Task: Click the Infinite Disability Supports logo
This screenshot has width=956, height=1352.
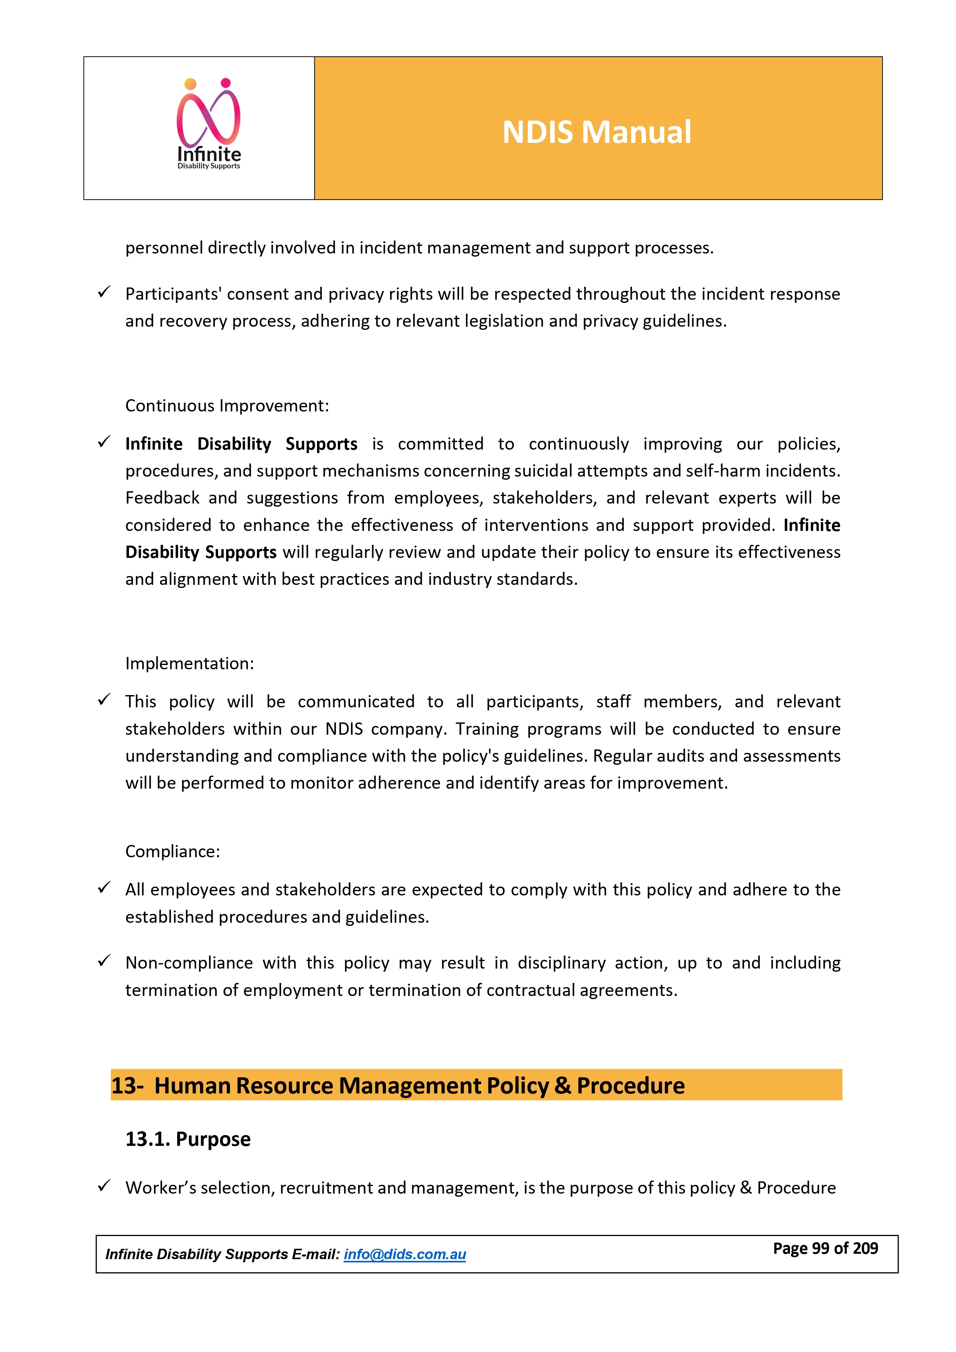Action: tap(209, 125)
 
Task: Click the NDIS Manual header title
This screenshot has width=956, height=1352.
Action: tap(596, 132)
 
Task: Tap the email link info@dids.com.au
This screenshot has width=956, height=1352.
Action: tap(404, 1254)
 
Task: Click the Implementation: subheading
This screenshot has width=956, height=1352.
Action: tap(190, 663)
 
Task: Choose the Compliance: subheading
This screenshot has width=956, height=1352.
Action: tap(173, 852)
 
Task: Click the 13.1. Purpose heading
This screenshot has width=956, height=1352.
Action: tap(188, 1139)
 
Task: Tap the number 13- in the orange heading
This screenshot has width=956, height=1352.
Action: tap(127, 1085)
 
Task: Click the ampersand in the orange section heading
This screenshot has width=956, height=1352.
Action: tap(562, 1085)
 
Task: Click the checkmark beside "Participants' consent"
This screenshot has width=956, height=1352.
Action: tap(104, 292)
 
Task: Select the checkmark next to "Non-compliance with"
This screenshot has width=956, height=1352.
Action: tap(104, 961)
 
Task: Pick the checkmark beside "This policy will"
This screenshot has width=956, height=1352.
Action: tap(104, 700)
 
